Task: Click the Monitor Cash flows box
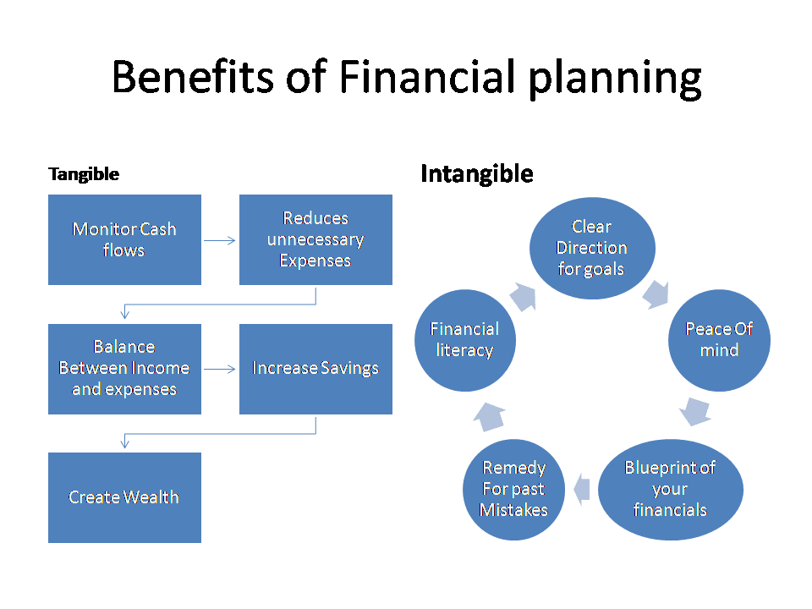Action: (x=124, y=239)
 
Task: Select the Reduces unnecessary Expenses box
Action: (x=315, y=239)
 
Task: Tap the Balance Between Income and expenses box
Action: (x=124, y=369)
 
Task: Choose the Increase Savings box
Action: (x=315, y=369)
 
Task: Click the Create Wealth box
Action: (x=124, y=497)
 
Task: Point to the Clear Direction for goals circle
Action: (x=592, y=248)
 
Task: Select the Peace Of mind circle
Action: (x=719, y=340)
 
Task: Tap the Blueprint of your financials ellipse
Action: (x=670, y=490)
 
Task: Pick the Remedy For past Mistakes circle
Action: (x=513, y=490)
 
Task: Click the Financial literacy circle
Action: (x=464, y=340)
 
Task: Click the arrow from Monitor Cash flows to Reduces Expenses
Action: (x=221, y=240)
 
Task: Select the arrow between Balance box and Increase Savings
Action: (x=221, y=369)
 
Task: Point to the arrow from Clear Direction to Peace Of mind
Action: (x=656, y=294)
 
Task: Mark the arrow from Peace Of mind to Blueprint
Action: (x=695, y=410)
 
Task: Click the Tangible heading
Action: (x=84, y=175)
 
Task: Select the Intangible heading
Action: (x=476, y=174)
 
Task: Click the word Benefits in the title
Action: (x=192, y=78)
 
